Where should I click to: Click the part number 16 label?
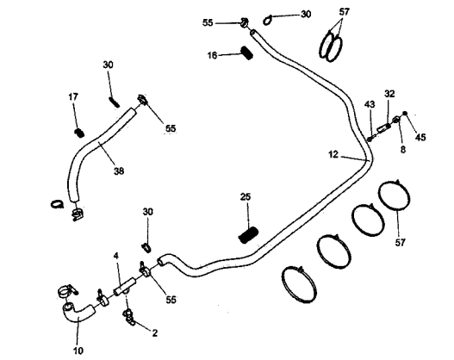[x=212, y=55]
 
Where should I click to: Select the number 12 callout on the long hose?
[x=333, y=154]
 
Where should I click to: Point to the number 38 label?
[x=119, y=171]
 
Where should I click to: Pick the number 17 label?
[x=73, y=96]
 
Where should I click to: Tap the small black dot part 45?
[x=405, y=114]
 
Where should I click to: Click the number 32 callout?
[x=389, y=94]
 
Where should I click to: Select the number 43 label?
[x=370, y=104]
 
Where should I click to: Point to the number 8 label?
[x=403, y=150]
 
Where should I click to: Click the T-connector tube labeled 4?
[x=125, y=287]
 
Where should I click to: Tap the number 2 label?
[x=155, y=333]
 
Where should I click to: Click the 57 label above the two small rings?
[x=345, y=12]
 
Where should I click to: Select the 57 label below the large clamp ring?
[x=401, y=242]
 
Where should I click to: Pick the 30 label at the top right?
[x=306, y=14]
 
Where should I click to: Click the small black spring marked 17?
[x=79, y=133]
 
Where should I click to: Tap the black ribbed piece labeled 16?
[x=247, y=53]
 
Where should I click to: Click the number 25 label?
[x=246, y=196]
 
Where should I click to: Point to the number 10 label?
[x=78, y=351]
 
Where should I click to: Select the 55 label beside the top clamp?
[x=208, y=22]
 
